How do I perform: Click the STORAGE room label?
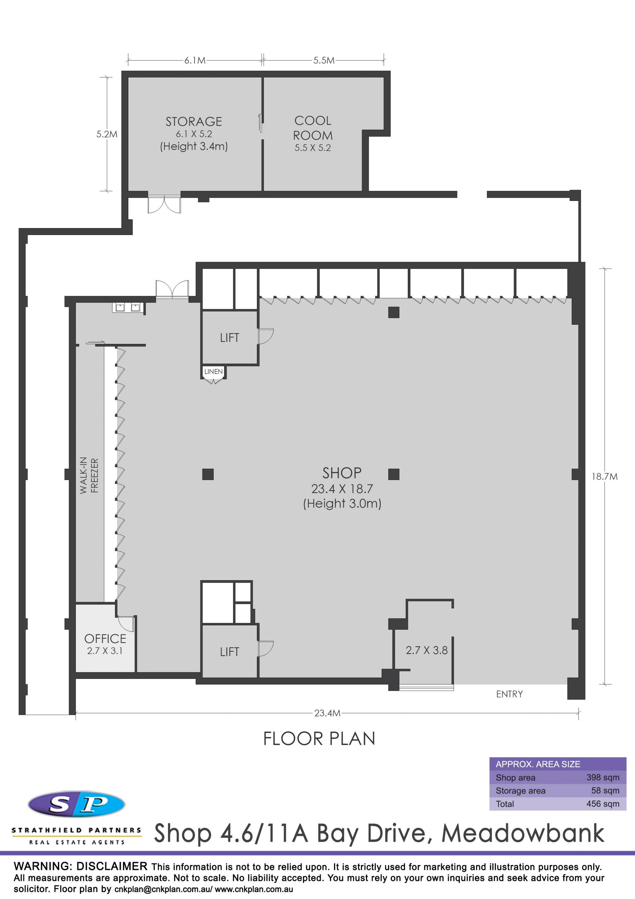[x=194, y=122]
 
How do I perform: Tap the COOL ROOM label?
[x=313, y=128]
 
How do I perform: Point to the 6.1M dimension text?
[x=195, y=60]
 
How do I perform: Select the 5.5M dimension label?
[x=324, y=60]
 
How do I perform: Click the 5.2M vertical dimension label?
[x=107, y=134]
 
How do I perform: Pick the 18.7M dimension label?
[x=605, y=477]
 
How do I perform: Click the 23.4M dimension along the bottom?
[x=327, y=713]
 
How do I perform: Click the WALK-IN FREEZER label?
[x=89, y=475]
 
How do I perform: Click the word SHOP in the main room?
[x=342, y=473]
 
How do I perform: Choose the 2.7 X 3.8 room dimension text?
[x=426, y=650]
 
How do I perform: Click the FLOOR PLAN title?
[x=319, y=739]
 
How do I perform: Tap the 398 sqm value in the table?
[x=603, y=778]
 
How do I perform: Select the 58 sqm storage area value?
[x=605, y=790]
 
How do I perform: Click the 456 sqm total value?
[x=603, y=804]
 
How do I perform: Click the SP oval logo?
[x=77, y=804]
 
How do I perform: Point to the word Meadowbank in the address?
[x=523, y=833]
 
